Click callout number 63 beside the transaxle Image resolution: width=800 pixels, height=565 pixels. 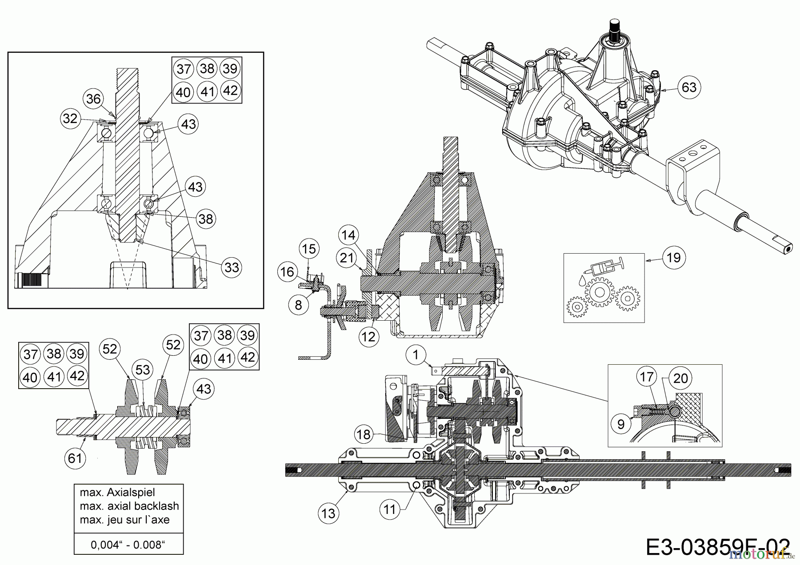click(689, 87)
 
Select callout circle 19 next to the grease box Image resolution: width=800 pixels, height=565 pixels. click(674, 257)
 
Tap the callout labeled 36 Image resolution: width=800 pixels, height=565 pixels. click(93, 99)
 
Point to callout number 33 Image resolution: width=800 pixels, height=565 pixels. click(232, 267)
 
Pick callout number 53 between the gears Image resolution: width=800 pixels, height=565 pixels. click(143, 370)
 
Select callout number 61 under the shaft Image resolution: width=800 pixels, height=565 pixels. click(75, 458)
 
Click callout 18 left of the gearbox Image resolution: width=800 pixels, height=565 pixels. click(364, 434)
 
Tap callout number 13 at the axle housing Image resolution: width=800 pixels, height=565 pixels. click(328, 513)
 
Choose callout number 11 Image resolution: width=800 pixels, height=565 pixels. click(390, 509)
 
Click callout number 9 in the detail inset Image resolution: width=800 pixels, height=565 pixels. click(621, 424)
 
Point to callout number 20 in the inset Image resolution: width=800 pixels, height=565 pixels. click(680, 378)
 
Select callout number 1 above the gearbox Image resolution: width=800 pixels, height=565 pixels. click(416, 355)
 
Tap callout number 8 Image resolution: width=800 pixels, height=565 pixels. click(298, 305)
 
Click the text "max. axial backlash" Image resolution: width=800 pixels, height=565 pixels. click(129, 506)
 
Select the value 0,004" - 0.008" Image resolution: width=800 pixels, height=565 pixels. click(128, 545)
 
